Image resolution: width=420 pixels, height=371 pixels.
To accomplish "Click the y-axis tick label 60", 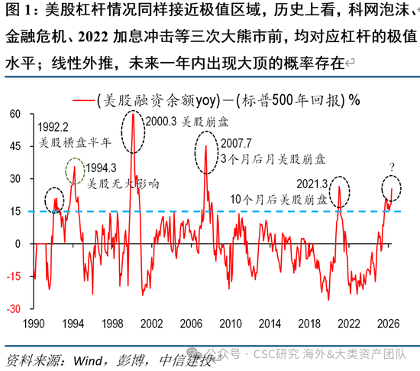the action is point(15,114).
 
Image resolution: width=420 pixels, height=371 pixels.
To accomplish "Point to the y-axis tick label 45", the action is point(15,146).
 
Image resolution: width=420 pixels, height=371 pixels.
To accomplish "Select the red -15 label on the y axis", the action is point(14,276).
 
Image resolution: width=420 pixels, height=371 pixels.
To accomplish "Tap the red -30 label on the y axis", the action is point(14,309).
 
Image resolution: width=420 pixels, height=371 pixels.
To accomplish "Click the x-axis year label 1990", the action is point(34,324).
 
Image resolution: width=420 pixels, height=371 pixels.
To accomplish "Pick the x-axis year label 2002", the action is point(152,324).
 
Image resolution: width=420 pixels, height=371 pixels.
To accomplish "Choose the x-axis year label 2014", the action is point(270,324).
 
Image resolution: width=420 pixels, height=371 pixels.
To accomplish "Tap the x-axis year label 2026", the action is point(389,324).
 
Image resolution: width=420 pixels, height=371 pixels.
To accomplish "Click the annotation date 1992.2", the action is point(53,127).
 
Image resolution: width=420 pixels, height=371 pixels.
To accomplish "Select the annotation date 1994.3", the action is point(101,168).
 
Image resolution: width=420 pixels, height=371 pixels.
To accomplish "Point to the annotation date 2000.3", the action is point(161,122).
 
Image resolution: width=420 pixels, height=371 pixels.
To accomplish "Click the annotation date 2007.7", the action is point(236,144).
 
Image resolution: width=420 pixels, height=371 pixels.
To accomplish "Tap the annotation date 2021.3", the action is point(312,184).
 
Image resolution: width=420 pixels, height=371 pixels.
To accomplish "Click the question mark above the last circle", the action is point(393,168).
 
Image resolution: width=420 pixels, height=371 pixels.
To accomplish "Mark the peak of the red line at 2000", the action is point(133,114).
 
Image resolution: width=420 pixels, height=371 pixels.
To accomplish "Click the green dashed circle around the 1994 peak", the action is point(66,171).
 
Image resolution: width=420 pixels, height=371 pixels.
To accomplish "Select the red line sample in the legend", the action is point(83,101).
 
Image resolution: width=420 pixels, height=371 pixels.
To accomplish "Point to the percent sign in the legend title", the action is point(354,100).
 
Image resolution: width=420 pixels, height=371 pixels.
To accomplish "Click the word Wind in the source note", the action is point(88,361).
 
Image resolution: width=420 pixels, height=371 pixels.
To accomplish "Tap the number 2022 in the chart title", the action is point(93,37).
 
